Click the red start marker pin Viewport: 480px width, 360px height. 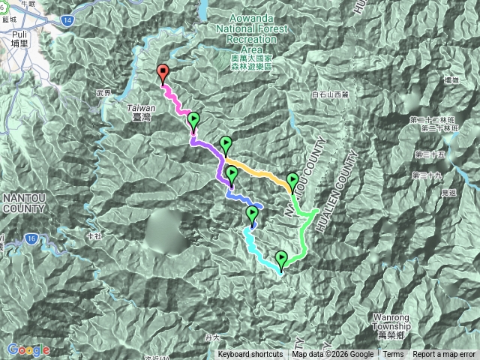pyautogui.click(x=163, y=73)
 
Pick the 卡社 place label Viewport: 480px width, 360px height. pyautogui.click(x=93, y=235)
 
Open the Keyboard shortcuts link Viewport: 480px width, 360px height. pyautogui.click(x=250, y=355)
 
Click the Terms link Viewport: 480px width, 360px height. pyautogui.click(x=393, y=355)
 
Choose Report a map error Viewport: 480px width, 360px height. pyautogui.click(x=445, y=355)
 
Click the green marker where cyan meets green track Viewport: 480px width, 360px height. pyautogui.click(x=281, y=259)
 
